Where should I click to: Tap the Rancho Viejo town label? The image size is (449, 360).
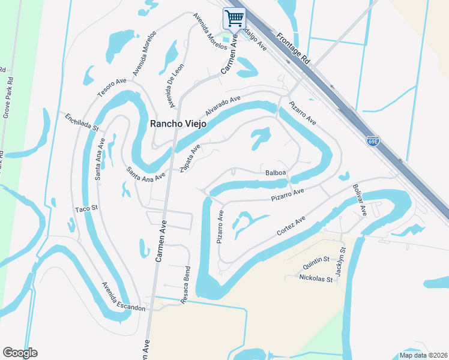tap(178, 124)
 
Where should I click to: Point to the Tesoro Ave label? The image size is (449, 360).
tap(112, 87)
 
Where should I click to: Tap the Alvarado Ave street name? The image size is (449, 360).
tap(223, 106)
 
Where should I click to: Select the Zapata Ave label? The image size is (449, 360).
tap(190, 158)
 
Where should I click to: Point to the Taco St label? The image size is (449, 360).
tap(86, 209)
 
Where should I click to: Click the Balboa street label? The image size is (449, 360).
tap(276, 173)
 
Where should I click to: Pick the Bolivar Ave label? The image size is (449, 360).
tap(360, 200)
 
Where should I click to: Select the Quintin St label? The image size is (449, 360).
tap(316, 259)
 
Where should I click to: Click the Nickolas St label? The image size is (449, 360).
tap(316, 279)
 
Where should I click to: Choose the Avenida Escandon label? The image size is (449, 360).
tap(123, 296)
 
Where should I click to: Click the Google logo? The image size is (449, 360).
tap(20, 353)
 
